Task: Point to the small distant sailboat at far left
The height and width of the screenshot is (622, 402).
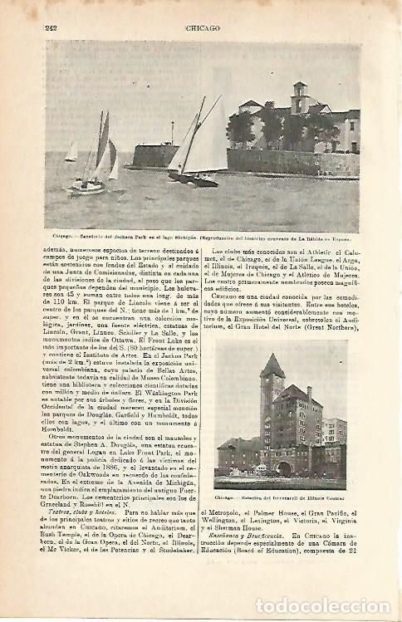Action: tap(72, 152)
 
